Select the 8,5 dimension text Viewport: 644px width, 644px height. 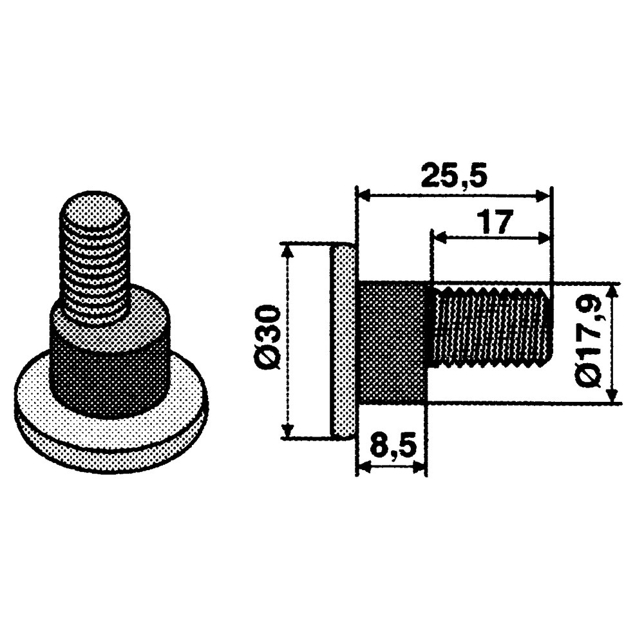coord(392,445)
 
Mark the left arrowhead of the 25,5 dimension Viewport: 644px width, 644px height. coord(363,194)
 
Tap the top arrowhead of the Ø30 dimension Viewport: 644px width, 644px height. coord(289,250)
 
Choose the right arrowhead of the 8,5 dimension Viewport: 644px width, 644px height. coord(420,467)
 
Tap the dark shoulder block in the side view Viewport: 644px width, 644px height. coord(393,341)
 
